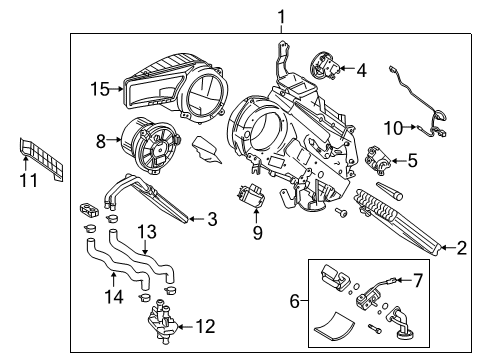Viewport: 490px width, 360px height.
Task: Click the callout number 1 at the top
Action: pos(281,15)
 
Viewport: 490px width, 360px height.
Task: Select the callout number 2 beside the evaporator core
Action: pos(461,248)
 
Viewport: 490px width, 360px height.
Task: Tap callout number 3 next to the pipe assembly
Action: pos(211,219)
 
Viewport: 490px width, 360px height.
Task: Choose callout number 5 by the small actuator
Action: pos(412,159)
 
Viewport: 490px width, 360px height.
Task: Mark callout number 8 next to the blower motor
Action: pos(101,142)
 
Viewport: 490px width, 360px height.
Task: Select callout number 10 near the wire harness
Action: pos(394,127)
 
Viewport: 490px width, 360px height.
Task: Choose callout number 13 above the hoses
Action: pos(147,232)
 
